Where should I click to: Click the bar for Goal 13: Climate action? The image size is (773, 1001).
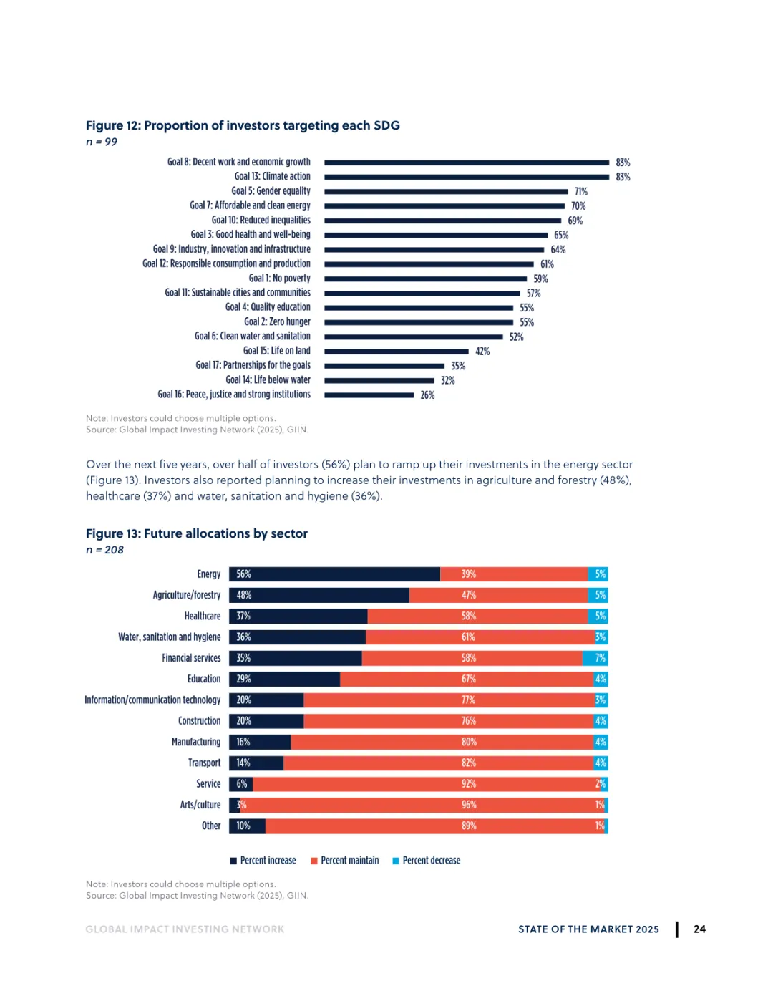click(467, 177)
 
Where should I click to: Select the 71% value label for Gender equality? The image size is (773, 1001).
click(580, 192)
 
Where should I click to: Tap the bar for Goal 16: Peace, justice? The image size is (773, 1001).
click(369, 395)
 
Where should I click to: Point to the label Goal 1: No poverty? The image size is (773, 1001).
click(279, 279)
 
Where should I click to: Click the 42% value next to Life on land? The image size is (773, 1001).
click(482, 352)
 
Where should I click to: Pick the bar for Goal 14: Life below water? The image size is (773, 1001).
click(379, 380)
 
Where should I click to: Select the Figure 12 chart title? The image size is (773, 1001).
click(243, 125)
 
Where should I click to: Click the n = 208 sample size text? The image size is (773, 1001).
click(105, 550)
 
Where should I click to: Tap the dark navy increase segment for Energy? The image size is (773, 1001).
click(335, 574)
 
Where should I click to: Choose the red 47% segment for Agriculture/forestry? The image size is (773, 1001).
click(499, 595)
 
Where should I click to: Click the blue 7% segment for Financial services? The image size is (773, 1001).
click(595, 658)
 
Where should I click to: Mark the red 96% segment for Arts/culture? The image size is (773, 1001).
click(422, 805)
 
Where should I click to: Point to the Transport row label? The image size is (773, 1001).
click(205, 763)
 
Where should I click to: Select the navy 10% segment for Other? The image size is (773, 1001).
click(247, 826)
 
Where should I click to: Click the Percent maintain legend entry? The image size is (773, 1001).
click(345, 861)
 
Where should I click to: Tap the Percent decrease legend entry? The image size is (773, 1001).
click(427, 861)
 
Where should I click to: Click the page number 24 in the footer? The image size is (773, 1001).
click(699, 929)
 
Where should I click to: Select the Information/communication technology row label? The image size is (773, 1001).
click(152, 700)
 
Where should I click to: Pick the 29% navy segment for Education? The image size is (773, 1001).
click(285, 679)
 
